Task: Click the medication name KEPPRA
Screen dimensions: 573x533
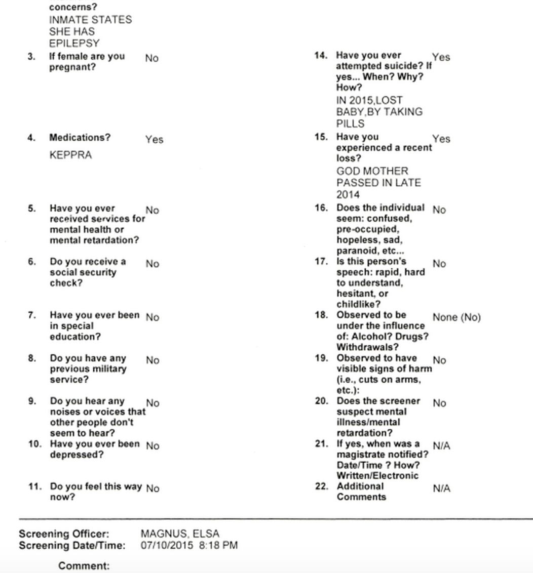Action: click(70, 155)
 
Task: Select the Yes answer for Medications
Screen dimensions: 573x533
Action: click(154, 139)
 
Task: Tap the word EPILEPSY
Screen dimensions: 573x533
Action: click(74, 44)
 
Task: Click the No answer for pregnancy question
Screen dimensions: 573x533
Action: click(151, 58)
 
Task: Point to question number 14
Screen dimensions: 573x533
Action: click(321, 55)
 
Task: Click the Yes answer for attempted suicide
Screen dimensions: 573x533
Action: click(441, 57)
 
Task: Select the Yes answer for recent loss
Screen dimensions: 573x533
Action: click(441, 139)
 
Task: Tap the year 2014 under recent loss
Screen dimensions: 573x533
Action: click(348, 195)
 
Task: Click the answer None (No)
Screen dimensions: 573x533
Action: click(456, 317)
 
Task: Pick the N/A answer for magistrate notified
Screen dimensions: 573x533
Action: click(441, 446)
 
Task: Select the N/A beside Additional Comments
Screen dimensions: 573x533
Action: click(441, 488)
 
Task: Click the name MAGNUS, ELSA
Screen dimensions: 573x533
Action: click(180, 534)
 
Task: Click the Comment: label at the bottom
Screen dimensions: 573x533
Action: click(84, 566)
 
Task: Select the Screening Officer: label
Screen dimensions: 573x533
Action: click(64, 534)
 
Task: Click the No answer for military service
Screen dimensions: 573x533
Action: click(152, 360)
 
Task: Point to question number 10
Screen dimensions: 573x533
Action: click(34, 444)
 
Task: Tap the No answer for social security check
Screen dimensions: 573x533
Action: click(152, 264)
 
